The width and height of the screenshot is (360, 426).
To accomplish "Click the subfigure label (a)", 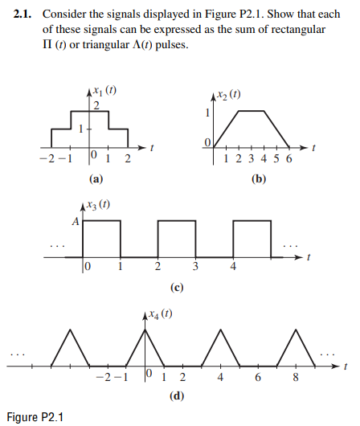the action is (x=95, y=178).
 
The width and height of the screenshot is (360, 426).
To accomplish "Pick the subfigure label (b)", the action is (x=257, y=178).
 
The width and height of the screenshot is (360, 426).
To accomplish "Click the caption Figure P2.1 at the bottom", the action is (x=35, y=416).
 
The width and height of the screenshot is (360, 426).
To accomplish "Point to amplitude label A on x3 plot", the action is (x=76, y=223).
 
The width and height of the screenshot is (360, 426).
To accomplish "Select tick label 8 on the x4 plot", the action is (x=296, y=378).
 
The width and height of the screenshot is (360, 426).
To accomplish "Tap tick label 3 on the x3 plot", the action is (x=195, y=267).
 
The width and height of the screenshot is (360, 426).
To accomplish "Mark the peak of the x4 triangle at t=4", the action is (x=219, y=330).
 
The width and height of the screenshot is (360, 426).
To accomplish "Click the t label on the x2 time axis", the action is (x=313, y=149).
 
